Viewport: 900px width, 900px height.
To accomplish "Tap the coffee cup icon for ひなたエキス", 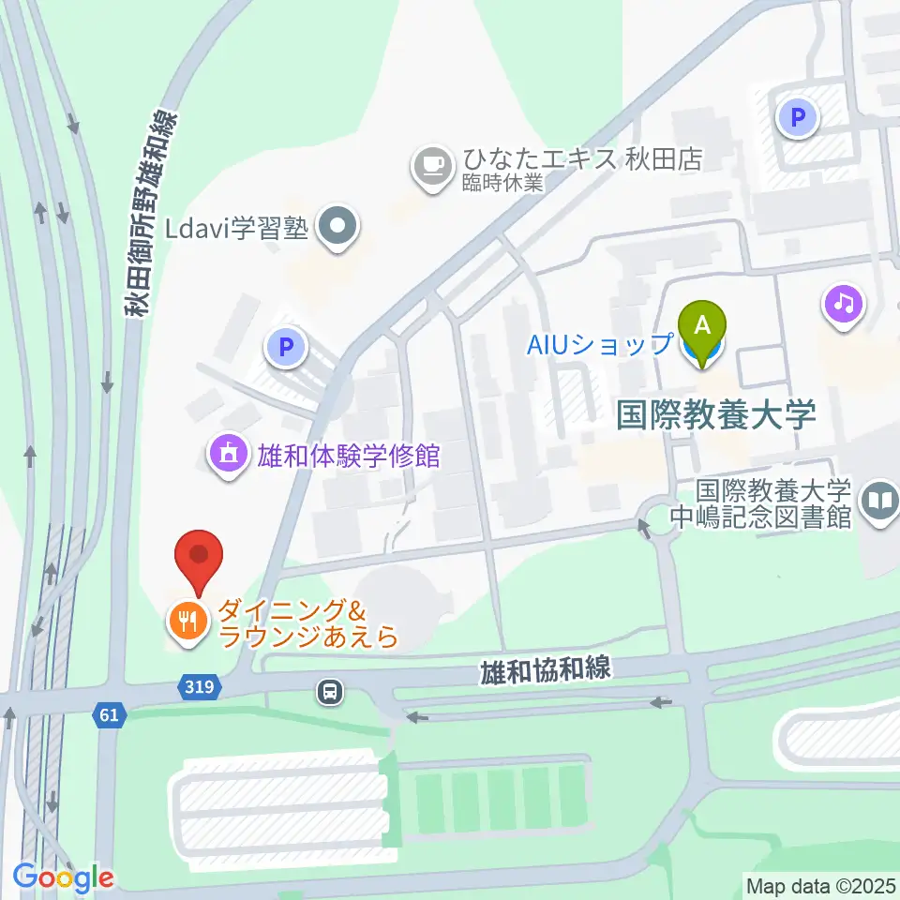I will [x=432, y=166].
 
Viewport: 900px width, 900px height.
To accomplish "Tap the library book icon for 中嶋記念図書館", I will [x=880, y=502].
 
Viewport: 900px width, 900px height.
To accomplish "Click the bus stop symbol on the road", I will [x=330, y=693].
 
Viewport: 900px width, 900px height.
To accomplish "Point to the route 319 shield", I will [x=199, y=687].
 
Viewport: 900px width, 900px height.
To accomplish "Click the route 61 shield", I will [x=109, y=716].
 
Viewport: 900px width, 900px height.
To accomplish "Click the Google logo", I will [x=63, y=877].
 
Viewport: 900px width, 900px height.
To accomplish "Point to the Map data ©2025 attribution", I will [x=819, y=885].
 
